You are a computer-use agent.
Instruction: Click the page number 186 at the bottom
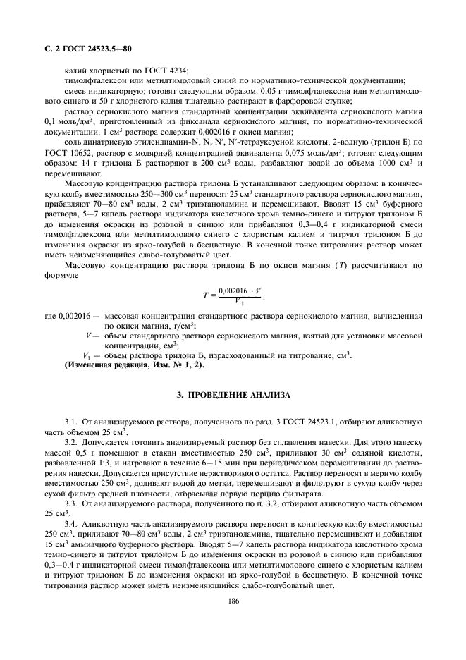233,601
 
